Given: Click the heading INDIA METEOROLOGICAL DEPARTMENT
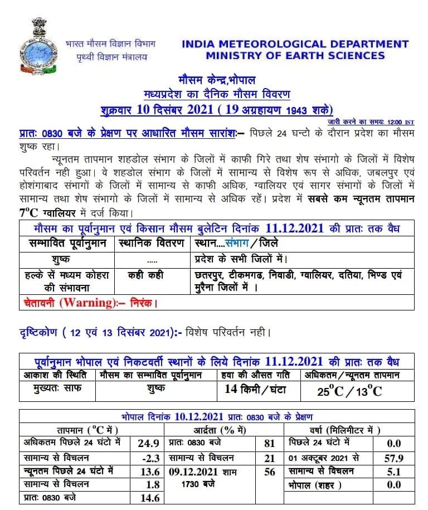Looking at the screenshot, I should coord(295,44).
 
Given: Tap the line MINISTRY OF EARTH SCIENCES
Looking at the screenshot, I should coord(295,56).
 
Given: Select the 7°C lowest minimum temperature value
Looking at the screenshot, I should coord(28,212).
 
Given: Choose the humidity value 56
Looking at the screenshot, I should coord(269,472).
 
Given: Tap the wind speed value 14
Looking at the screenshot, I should coord(231,390).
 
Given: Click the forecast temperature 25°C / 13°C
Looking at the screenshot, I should coord(349,391).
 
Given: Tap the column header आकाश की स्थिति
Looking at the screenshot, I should coord(57,375).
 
